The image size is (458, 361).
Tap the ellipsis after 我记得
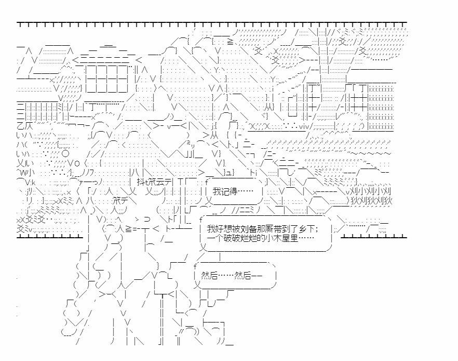click(x=247, y=191)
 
